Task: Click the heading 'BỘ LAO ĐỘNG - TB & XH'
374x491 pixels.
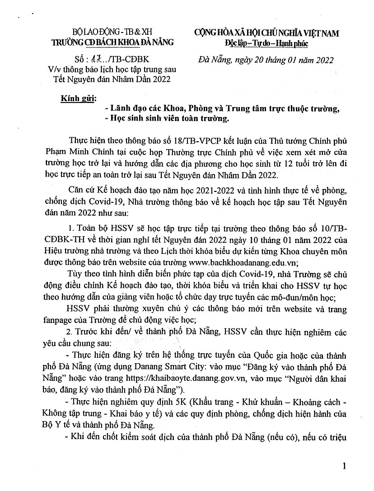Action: coord(113,33)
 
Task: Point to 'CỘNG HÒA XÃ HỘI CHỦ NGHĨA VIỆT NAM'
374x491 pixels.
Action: coord(266,33)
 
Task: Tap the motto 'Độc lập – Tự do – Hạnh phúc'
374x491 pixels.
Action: coord(266,43)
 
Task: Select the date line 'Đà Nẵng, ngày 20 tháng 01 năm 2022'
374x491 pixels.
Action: coord(267,59)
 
